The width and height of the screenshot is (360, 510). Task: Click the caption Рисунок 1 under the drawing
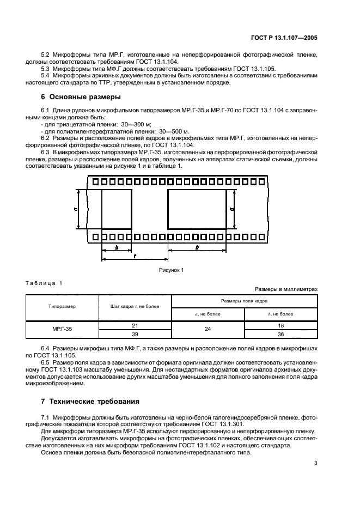pos(172,270)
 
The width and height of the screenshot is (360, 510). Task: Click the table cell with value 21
pos(135,325)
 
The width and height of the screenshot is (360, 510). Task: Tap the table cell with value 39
pos(135,333)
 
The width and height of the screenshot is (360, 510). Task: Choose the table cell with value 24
pos(208,329)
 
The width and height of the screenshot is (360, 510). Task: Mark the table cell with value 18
pos(281,325)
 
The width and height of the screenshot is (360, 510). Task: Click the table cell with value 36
pos(281,333)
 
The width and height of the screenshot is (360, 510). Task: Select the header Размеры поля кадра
pos(245,300)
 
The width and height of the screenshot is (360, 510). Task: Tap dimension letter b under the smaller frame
pos(116,247)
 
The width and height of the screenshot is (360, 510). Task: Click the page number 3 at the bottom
pos(316,464)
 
